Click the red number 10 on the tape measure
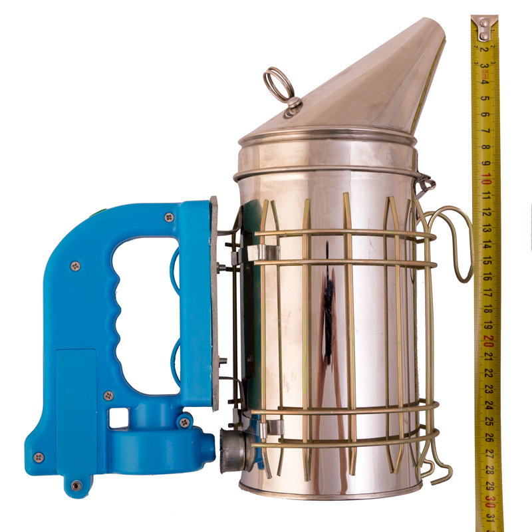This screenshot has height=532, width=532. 486,178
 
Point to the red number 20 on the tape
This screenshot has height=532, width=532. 489,340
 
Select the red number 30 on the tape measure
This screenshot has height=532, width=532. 491,501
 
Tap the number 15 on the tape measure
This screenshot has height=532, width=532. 487,260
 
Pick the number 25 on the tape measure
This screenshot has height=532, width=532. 489,421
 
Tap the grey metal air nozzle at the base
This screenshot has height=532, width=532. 234,450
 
